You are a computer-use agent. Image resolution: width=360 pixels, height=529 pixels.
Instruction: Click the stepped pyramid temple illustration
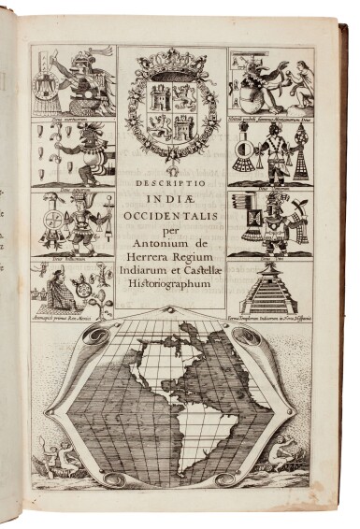[x=267, y=285]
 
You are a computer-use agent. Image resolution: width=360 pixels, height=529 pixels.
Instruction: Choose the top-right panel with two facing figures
[x=268, y=84]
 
